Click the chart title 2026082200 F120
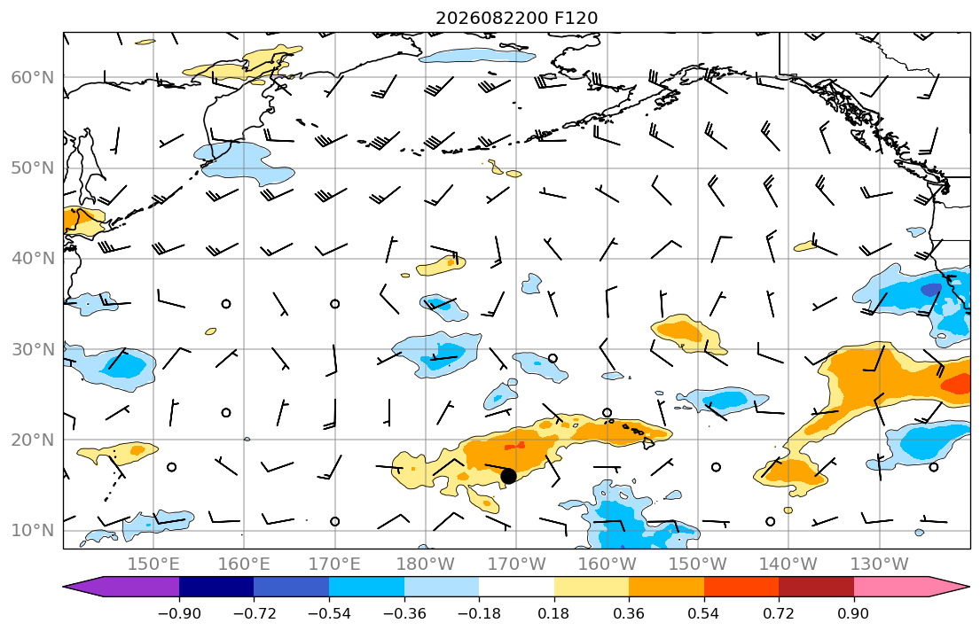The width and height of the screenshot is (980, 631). [516, 18]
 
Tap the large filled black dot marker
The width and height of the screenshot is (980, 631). [508, 476]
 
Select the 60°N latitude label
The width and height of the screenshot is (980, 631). [33, 77]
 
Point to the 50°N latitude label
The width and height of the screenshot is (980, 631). [33, 168]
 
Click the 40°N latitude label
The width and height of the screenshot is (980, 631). [33, 258]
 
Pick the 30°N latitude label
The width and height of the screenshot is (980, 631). [33, 349]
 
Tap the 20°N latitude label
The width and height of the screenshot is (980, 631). [33, 440]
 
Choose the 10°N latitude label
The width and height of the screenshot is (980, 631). [33, 531]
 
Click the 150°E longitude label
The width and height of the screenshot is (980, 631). [153, 565]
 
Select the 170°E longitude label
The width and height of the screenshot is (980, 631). [335, 565]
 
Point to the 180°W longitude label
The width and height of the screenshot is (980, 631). [426, 565]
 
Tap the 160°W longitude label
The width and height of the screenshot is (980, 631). [608, 565]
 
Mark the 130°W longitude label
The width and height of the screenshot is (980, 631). [880, 565]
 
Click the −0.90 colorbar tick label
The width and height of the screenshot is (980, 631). [179, 613]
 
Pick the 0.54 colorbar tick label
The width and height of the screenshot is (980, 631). [704, 613]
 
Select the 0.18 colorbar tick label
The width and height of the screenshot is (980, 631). [553, 613]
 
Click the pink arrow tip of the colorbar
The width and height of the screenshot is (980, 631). [968, 587]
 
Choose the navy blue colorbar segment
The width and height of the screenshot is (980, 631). [216, 587]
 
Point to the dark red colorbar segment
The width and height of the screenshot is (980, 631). [816, 587]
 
